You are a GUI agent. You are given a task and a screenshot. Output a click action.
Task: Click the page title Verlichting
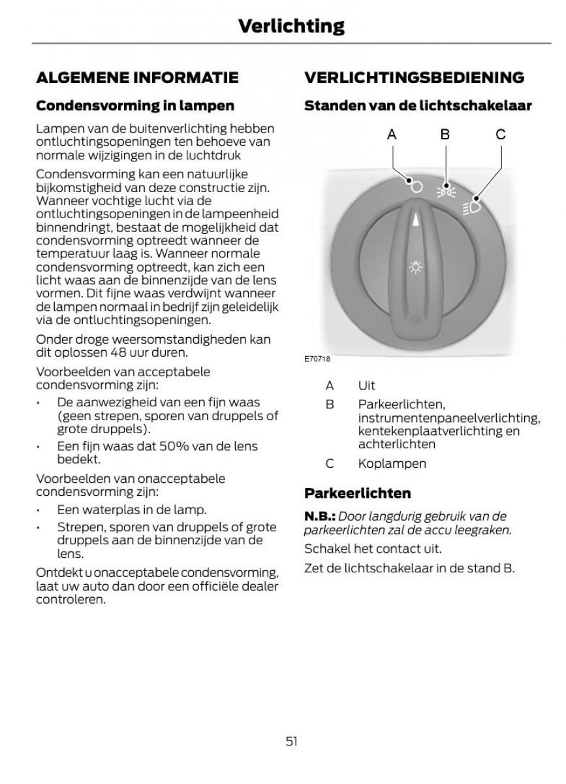(291, 26)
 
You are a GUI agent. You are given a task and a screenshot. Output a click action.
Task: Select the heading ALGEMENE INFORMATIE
(137, 78)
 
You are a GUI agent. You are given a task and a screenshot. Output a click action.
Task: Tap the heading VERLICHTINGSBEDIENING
(414, 78)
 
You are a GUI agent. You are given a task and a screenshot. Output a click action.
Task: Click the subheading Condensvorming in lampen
(134, 105)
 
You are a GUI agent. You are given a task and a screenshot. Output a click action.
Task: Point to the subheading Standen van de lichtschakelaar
(418, 105)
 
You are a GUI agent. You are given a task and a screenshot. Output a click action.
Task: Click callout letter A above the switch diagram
(392, 135)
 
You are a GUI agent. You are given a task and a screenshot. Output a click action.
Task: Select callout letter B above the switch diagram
(445, 135)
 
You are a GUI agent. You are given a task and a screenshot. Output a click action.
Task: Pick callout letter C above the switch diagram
(500, 135)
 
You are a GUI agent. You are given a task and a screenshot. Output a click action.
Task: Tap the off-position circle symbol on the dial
(417, 186)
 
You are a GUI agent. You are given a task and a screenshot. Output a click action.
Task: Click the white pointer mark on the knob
(415, 220)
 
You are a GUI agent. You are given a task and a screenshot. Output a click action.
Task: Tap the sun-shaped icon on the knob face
(415, 268)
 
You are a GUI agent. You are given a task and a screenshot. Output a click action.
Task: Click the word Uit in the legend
(366, 385)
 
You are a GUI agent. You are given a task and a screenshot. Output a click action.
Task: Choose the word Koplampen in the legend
(392, 463)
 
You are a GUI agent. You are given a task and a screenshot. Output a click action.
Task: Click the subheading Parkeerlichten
(358, 493)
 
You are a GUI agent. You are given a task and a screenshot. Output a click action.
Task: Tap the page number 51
(291, 741)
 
